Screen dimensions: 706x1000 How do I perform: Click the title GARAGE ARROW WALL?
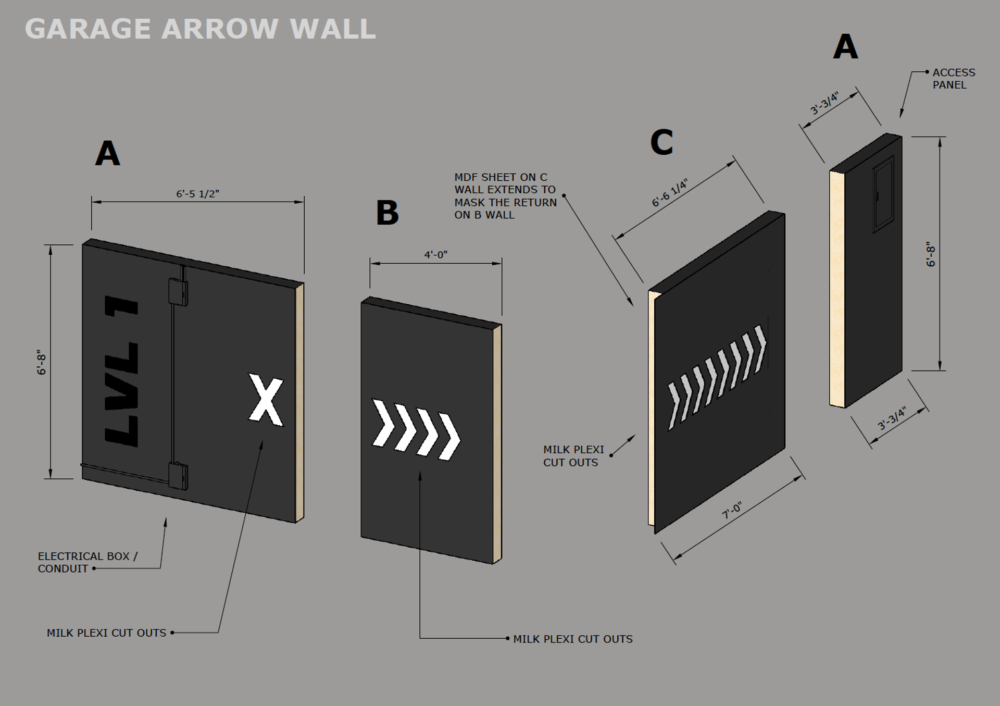coord(200,29)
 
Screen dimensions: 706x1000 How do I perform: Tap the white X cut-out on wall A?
coord(266,400)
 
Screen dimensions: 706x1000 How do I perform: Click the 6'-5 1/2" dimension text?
coord(197,194)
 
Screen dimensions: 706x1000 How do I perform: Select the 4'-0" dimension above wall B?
coord(435,255)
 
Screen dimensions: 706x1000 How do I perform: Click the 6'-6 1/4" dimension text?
coord(670,193)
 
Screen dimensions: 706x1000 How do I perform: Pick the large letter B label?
coord(387,213)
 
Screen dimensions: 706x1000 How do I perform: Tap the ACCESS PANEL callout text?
coord(953,79)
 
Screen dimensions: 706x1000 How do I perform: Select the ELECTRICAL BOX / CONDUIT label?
coord(87,562)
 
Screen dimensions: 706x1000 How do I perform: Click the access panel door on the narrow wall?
coord(883,195)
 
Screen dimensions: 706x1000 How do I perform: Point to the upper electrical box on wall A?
coord(178,292)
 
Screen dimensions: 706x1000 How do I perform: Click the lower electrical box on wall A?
coord(178,476)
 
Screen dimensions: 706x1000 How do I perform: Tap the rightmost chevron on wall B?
coord(449,437)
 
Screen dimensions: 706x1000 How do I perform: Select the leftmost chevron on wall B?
coord(383,423)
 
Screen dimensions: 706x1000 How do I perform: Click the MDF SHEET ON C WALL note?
coord(505,196)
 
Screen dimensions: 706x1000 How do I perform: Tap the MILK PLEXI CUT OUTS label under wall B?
coord(572,639)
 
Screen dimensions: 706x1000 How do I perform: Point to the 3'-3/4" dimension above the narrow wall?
coord(824,104)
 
